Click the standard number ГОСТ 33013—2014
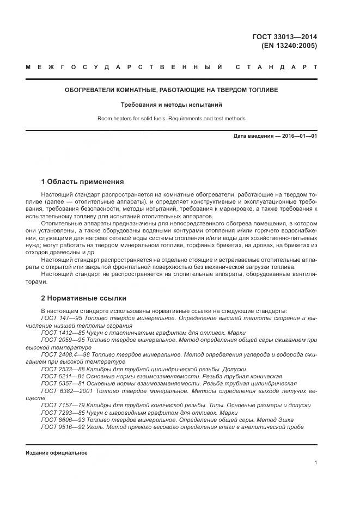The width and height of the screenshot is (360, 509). coord(285,37)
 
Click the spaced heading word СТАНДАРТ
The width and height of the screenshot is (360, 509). coord(276,67)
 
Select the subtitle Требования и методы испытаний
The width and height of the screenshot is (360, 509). coord(171,105)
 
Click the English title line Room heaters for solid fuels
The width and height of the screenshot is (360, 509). coord(171,118)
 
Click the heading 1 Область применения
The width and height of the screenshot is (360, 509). coord(82,181)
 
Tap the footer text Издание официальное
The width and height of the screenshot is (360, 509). coord(56,453)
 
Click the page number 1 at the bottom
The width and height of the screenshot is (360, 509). coord(316,463)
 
